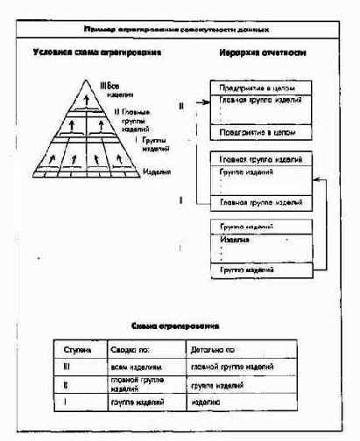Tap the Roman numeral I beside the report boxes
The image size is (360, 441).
click(x=180, y=201)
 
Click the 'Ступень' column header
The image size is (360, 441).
click(x=79, y=347)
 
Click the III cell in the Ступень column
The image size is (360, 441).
click(x=78, y=367)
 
